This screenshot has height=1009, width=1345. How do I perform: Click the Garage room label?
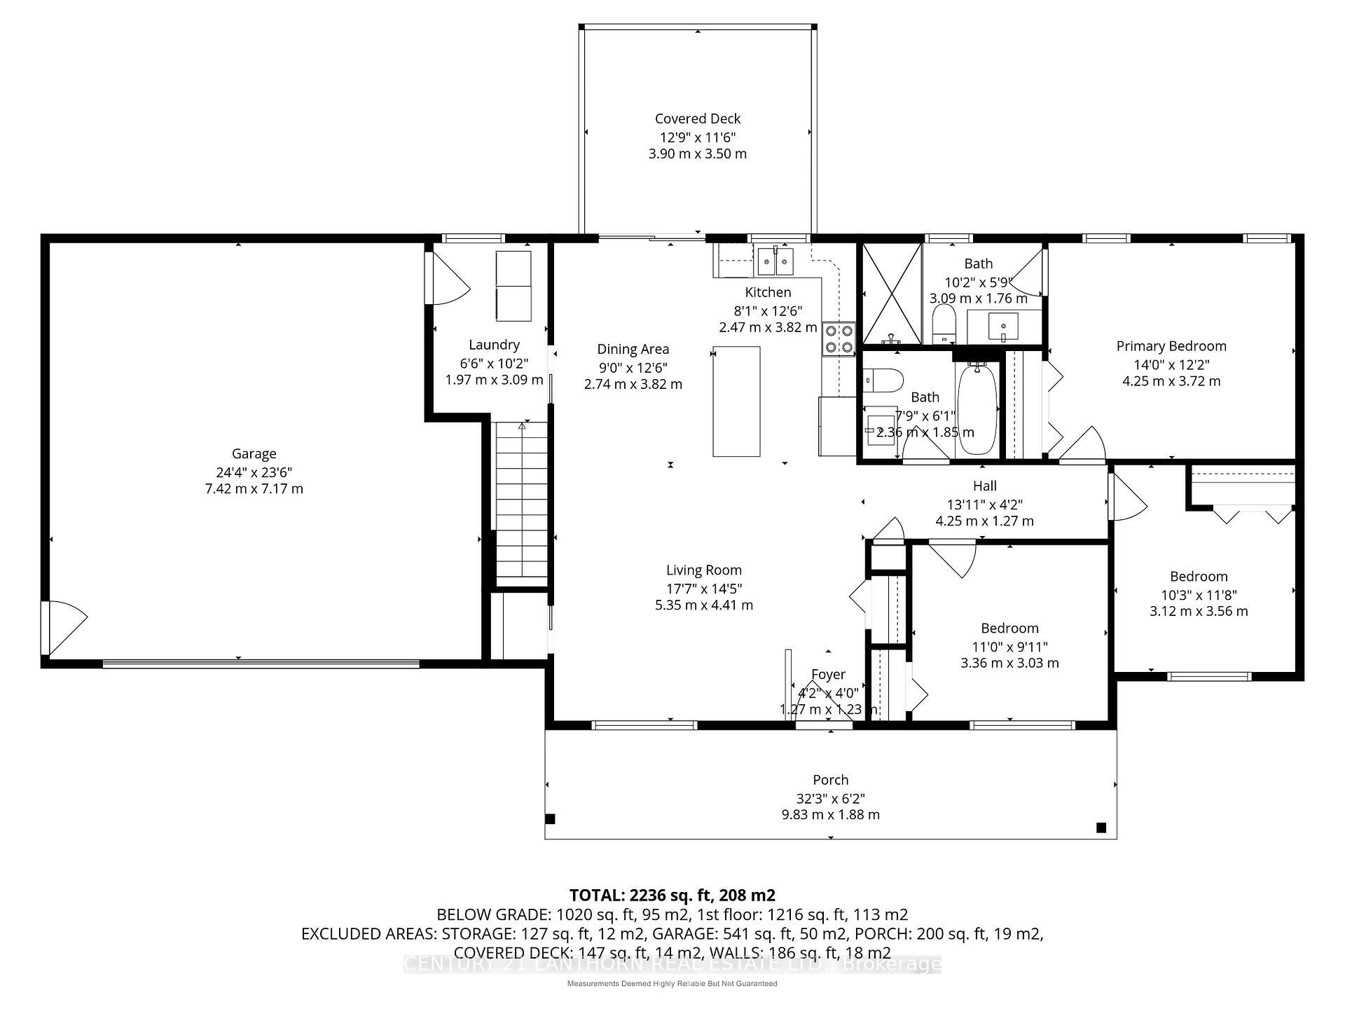(254, 454)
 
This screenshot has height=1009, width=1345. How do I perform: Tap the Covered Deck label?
(697, 119)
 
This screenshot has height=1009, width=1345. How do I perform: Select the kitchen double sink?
(775, 262)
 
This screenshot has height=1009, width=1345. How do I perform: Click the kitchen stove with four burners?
(839, 338)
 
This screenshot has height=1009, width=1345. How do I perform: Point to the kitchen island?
(736, 401)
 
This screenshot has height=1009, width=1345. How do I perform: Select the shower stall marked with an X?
(891, 294)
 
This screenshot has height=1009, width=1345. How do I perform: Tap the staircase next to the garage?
(522, 501)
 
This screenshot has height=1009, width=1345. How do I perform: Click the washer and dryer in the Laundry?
(513, 286)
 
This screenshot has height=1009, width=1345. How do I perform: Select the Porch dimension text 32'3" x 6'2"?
(830, 798)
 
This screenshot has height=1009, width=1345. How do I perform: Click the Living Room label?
(703, 570)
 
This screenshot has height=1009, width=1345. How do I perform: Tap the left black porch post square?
(551, 818)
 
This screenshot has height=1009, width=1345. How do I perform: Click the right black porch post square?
(1101, 828)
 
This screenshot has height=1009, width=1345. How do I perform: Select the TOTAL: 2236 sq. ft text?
(672, 895)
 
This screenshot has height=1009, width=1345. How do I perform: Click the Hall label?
(984, 486)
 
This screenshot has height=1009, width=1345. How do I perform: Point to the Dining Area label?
(633, 349)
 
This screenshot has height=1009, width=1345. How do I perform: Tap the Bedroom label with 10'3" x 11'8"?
(1199, 577)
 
